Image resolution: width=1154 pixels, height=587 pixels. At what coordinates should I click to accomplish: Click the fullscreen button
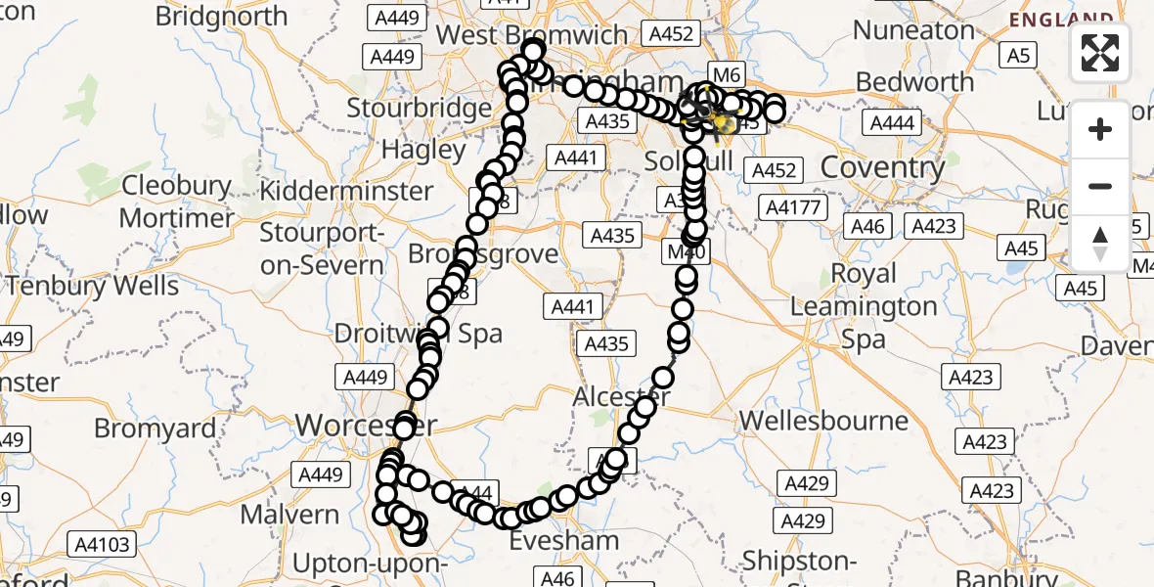click(1100, 53)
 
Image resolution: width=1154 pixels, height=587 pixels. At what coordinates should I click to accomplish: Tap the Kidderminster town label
click(347, 190)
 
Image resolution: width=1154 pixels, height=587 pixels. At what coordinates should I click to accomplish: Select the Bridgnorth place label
click(222, 17)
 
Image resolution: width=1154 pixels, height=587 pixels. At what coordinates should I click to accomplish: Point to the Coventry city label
click(882, 167)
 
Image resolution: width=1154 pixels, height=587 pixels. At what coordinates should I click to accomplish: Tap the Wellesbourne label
click(823, 422)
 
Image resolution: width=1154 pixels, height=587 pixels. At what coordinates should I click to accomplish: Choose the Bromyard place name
click(155, 428)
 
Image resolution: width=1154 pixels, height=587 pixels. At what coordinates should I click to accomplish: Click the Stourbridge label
click(420, 107)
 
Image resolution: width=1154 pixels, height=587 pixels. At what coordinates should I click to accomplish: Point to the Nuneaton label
click(913, 30)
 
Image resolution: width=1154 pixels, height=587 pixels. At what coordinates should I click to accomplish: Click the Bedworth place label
click(914, 81)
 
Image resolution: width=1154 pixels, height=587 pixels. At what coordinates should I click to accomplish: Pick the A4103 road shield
click(102, 545)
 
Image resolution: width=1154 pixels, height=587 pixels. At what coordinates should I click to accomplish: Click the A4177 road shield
click(795, 207)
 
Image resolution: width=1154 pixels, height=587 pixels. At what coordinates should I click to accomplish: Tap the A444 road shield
click(892, 122)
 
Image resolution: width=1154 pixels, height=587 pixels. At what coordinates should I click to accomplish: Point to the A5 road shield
click(1019, 56)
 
